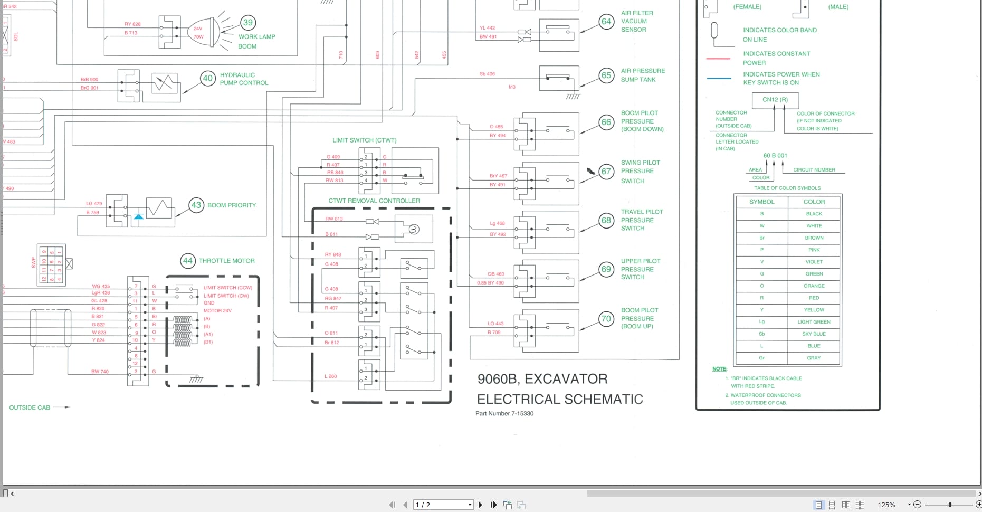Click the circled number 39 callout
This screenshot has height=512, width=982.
248,23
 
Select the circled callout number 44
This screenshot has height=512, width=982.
187,261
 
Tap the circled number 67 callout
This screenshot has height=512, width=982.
606,172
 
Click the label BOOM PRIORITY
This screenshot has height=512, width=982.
232,205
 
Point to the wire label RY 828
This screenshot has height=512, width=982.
132,24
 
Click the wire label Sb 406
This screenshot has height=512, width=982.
487,74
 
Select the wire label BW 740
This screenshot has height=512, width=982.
100,372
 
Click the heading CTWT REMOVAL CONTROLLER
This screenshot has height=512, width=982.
374,201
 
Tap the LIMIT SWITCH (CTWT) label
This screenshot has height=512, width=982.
364,140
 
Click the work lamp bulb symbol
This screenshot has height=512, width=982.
204,33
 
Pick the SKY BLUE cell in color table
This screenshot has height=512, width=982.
814,334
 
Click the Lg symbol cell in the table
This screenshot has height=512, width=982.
761,322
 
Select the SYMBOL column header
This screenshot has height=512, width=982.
761,202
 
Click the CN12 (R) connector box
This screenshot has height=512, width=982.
775,100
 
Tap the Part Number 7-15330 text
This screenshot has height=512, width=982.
504,414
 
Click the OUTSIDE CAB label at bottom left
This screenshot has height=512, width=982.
30,407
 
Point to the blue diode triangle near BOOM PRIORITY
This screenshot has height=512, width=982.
138,216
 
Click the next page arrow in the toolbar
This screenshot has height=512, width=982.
480,505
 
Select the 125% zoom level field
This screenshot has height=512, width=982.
886,505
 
